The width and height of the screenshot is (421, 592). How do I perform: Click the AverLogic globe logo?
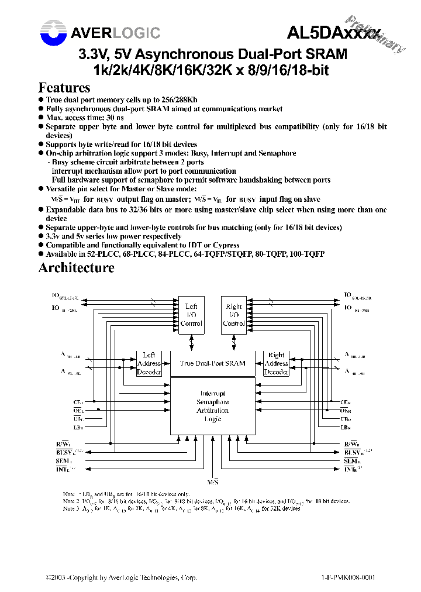[x=54, y=33]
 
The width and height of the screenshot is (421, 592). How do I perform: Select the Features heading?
[x=64, y=88]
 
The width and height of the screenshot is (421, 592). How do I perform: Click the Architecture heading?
[x=76, y=268]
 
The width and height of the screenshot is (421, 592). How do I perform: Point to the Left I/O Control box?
[x=191, y=315]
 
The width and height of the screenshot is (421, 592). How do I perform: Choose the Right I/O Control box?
[x=234, y=315]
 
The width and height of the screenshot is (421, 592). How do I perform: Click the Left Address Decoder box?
[x=149, y=363]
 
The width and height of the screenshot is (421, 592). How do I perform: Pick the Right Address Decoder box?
[x=276, y=363]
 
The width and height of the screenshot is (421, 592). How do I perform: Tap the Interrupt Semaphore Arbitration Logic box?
[x=212, y=406]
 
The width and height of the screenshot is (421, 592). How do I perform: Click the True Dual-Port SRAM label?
[x=213, y=363]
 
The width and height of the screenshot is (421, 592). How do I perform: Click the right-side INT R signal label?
[x=350, y=469]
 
